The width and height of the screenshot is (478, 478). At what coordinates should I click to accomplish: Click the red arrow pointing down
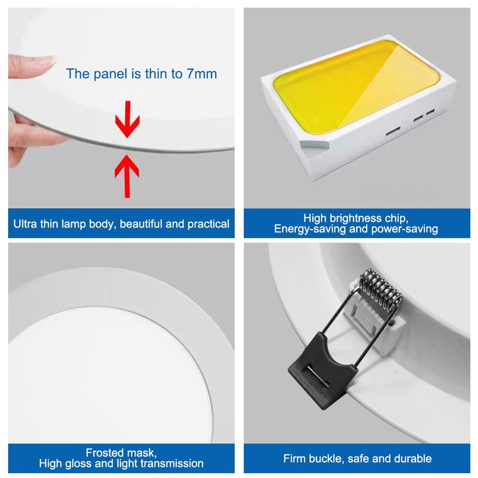128,119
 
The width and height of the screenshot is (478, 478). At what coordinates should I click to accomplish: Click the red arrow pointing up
127,176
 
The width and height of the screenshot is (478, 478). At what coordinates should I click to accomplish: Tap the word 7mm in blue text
202,74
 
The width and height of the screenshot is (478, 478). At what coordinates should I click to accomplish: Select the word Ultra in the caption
25,224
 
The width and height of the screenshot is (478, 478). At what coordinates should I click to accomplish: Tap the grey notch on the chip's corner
315,145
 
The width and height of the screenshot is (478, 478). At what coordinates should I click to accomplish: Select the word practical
208,224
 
